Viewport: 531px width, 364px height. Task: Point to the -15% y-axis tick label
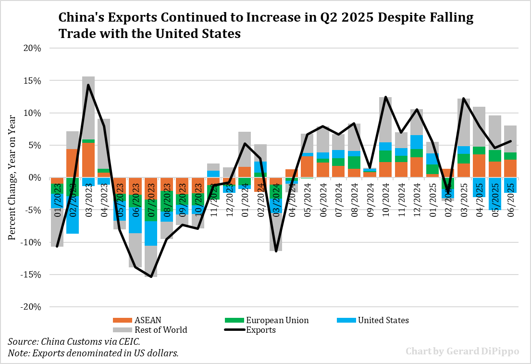[32, 275]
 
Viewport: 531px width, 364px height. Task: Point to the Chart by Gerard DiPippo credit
[462, 351]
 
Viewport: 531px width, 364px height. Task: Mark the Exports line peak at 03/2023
[88, 85]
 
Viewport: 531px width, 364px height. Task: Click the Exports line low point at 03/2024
[276, 251]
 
